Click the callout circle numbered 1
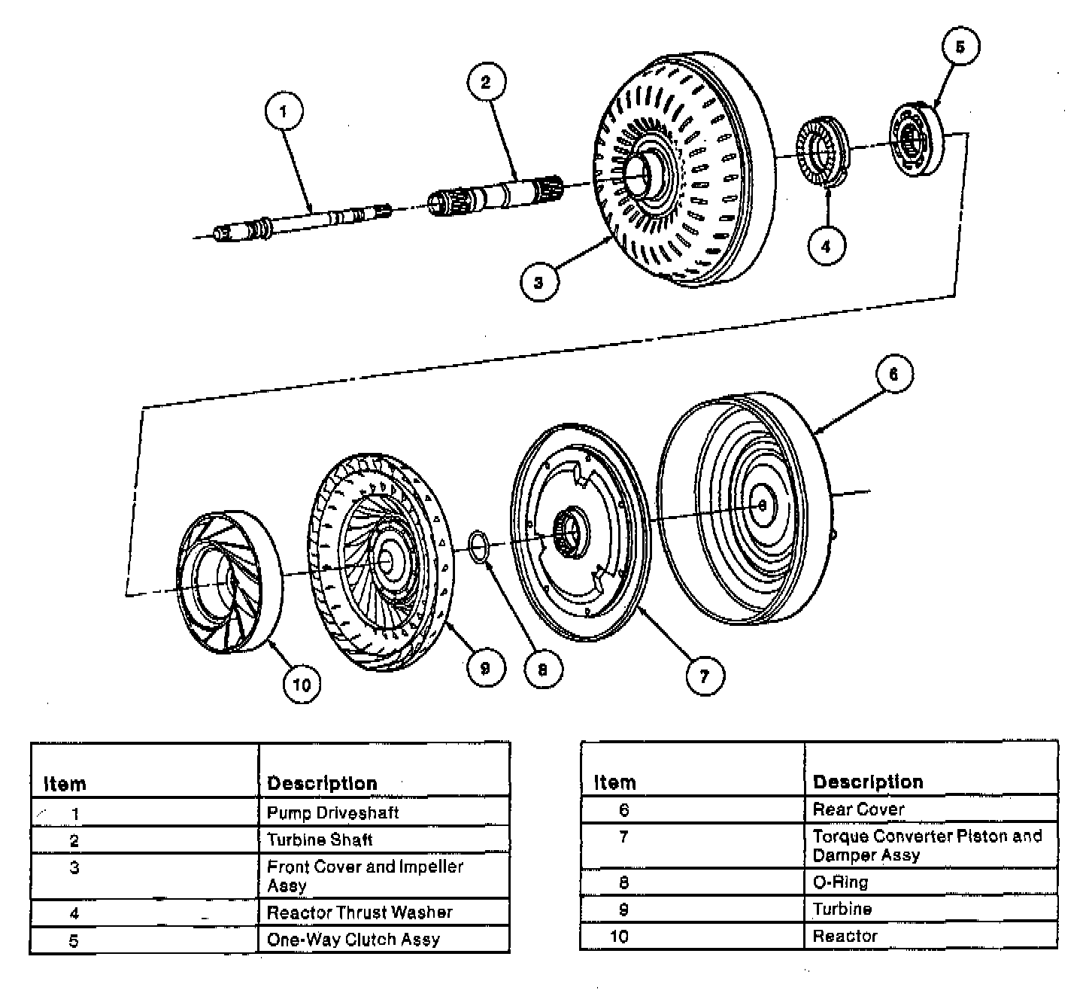click(x=284, y=112)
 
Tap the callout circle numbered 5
click(x=960, y=47)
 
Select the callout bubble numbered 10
click(x=302, y=684)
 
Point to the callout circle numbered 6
click(x=893, y=375)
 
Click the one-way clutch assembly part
click(x=915, y=140)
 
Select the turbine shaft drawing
click(x=496, y=193)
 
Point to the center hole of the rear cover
click(x=762, y=505)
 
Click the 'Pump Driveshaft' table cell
click(x=332, y=812)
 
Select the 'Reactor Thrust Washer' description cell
click(x=359, y=913)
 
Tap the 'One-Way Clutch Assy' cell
click(x=353, y=940)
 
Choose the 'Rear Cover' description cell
click(x=858, y=809)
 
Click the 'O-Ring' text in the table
click(x=840, y=882)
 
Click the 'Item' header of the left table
click(x=65, y=784)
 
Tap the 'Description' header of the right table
click(x=868, y=782)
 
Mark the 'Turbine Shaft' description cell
click(x=320, y=840)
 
